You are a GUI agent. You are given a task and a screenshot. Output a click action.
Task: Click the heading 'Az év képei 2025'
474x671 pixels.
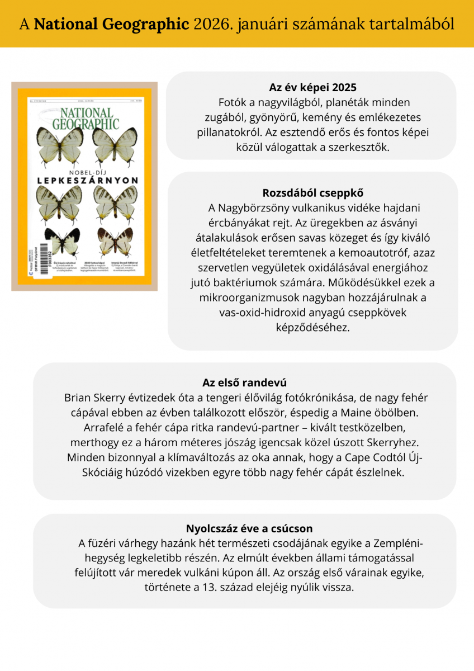click(x=312, y=88)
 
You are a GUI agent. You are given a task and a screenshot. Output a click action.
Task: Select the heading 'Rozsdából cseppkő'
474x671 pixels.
click(x=312, y=193)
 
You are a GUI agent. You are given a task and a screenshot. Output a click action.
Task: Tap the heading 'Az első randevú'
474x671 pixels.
click(x=244, y=383)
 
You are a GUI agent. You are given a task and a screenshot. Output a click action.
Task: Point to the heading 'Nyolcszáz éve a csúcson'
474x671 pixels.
click(x=249, y=528)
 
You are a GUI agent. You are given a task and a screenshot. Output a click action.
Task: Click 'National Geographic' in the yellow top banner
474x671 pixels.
click(x=111, y=24)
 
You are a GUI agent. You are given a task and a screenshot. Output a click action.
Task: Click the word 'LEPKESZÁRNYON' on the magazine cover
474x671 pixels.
click(x=88, y=181)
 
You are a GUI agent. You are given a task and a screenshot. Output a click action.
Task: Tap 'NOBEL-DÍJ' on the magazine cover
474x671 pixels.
click(x=87, y=172)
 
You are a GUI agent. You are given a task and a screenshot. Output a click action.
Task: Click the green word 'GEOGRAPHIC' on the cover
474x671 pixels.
click(x=87, y=124)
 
